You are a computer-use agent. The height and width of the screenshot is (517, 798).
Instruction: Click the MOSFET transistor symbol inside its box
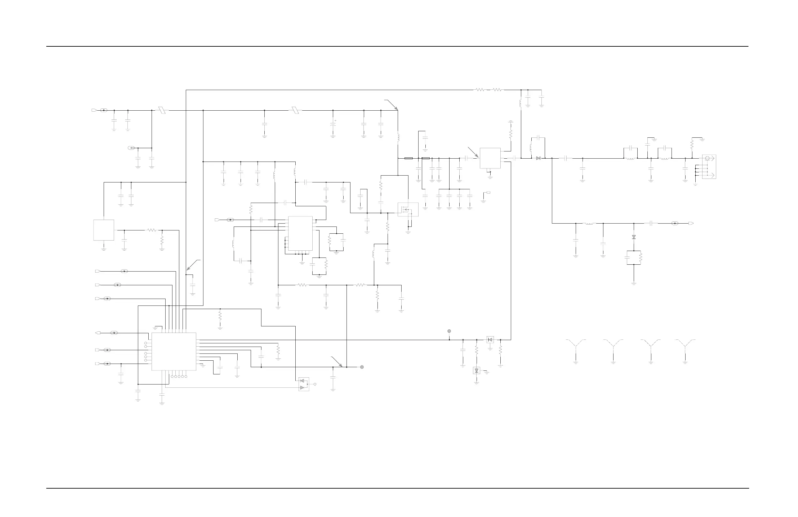coord(408,210)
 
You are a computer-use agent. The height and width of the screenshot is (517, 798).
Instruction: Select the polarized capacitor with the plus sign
coord(333,124)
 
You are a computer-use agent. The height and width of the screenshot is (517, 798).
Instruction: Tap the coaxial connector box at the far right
coord(709,166)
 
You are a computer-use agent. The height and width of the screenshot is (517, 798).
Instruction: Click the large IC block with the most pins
coord(174,352)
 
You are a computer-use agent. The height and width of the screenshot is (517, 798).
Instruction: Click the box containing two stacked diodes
coord(304,384)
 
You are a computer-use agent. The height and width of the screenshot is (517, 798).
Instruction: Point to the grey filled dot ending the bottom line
coord(362,367)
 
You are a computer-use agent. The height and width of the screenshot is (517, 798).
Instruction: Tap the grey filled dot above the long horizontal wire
coord(449,331)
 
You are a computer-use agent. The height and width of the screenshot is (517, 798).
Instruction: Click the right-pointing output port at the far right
coord(691,223)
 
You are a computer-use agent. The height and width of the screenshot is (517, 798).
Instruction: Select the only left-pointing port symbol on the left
coord(98,333)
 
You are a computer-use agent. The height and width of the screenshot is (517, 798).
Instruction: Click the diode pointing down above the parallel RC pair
coord(634,237)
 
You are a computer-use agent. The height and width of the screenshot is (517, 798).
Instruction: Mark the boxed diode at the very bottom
coord(477,370)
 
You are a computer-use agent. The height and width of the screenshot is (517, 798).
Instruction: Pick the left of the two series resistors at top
coord(480,90)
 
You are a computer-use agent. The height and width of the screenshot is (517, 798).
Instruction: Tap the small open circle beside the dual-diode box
coord(315,384)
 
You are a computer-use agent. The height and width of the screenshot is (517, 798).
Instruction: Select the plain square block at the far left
coord(104,230)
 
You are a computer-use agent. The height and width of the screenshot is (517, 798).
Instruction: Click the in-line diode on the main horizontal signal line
coord(538,158)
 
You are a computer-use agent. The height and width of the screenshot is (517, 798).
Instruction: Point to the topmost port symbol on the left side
coord(94,110)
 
